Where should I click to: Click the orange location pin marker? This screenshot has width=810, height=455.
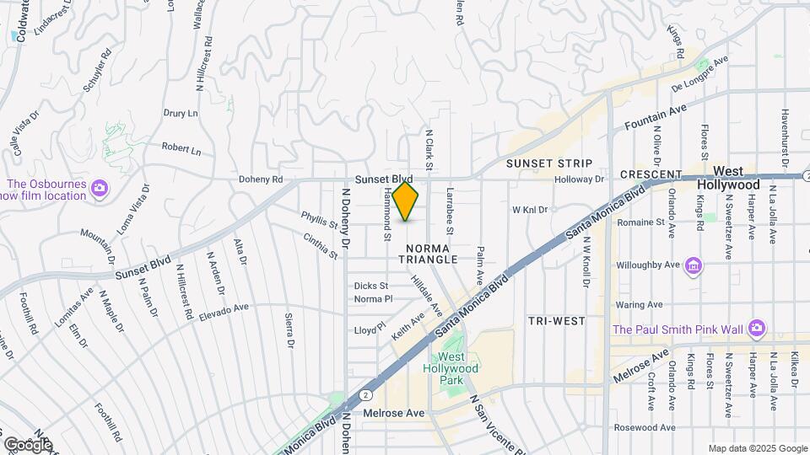(x=406, y=201)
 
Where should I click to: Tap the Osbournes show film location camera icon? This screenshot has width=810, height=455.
(x=100, y=186)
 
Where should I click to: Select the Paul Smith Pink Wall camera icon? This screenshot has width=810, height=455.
(x=757, y=328)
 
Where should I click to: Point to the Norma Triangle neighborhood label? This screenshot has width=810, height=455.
(x=433, y=254)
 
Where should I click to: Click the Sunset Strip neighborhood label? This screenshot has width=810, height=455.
(x=549, y=163)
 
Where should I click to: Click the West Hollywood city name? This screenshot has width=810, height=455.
(x=730, y=178)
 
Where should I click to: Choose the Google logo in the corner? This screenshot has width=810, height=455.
(x=27, y=444)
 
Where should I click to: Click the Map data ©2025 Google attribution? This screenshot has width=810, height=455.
(x=758, y=448)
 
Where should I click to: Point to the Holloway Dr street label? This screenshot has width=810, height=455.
(x=580, y=179)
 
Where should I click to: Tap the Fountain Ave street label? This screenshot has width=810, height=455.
(x=656, y=117)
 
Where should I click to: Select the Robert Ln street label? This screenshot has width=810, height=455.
(x=181, y=149)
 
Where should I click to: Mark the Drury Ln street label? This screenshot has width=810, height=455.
(x=181, y=113)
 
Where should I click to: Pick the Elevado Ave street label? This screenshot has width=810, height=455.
(x=225, y=313)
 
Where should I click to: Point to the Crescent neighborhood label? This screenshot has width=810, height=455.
(x=650, y=174)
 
